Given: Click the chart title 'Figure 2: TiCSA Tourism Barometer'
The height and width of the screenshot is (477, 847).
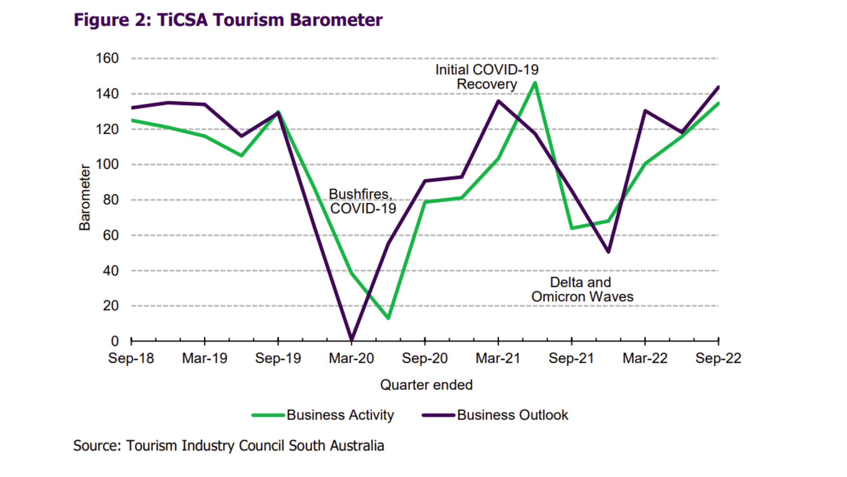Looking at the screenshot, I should coord(228,20).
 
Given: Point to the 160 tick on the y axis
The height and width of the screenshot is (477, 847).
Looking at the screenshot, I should coord(107,58).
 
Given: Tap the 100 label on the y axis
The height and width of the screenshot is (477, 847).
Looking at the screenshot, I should coord(107,164).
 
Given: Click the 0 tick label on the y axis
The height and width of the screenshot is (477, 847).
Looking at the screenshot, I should coord(115,341).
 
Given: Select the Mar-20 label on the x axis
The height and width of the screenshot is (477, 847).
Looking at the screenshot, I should coord(351,358).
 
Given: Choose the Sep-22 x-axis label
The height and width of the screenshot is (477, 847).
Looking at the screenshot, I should coord(718,358).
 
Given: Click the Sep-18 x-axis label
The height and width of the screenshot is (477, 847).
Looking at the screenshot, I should coord(131,358).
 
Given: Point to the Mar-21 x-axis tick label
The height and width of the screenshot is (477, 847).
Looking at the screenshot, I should coord(498,358).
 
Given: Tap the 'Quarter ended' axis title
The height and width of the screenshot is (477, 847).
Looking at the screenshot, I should coord(426,385).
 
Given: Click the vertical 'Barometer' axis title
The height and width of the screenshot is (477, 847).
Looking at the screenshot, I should coord(84,197).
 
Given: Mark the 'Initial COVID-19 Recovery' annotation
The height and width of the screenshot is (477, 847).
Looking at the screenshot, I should coord(487,77).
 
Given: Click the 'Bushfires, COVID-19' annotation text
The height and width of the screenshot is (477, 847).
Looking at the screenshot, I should coord(362,201).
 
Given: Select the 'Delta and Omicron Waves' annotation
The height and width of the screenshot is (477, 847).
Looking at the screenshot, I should coord(582,289).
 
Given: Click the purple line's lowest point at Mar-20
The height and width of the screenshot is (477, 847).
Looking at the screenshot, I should coord(352,340).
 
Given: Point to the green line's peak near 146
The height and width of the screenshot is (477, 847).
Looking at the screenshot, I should coord(535,83).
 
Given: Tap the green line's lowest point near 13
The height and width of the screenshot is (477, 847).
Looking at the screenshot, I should coord(388,318).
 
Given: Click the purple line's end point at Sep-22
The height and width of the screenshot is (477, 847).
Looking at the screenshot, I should coord(718,87).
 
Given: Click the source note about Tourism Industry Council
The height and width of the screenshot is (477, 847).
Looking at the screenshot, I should coord(229,446).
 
